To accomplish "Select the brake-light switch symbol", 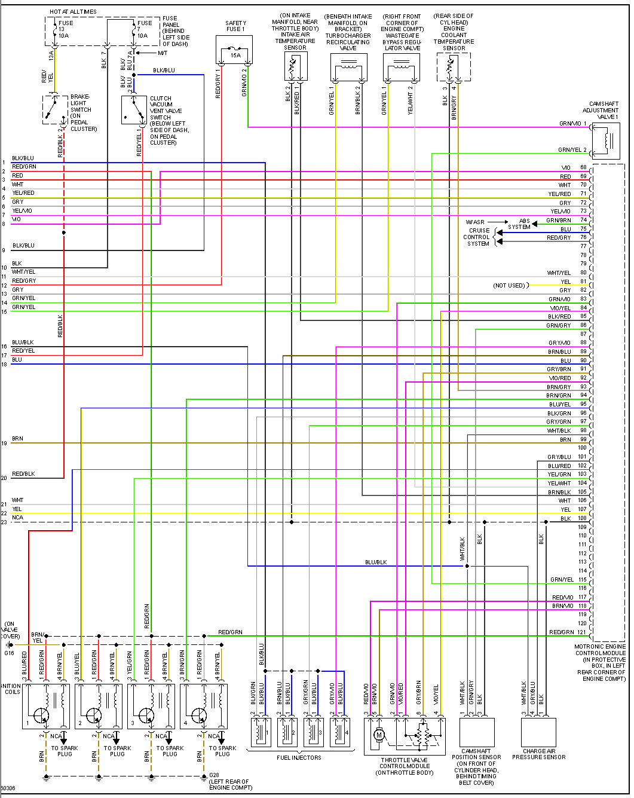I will point(55,109).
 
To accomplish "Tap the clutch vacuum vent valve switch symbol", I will point(134,110).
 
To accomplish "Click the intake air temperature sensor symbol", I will point(296,66).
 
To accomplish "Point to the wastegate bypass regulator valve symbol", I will point(401,68).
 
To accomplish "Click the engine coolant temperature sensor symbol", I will point(453,67).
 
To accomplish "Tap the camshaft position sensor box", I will point(476,732).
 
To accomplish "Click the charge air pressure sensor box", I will point(538,732).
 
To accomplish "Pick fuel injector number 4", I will point(339,732).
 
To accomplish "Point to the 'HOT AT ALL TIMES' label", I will point(73,11).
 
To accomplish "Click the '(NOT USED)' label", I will point(509,285).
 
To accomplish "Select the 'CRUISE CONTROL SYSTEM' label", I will point(478,237).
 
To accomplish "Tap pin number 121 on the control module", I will point(581,632).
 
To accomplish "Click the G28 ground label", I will point(214,775).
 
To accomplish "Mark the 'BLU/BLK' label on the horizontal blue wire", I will point(376,562).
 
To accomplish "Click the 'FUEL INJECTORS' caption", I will point(299,757).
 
